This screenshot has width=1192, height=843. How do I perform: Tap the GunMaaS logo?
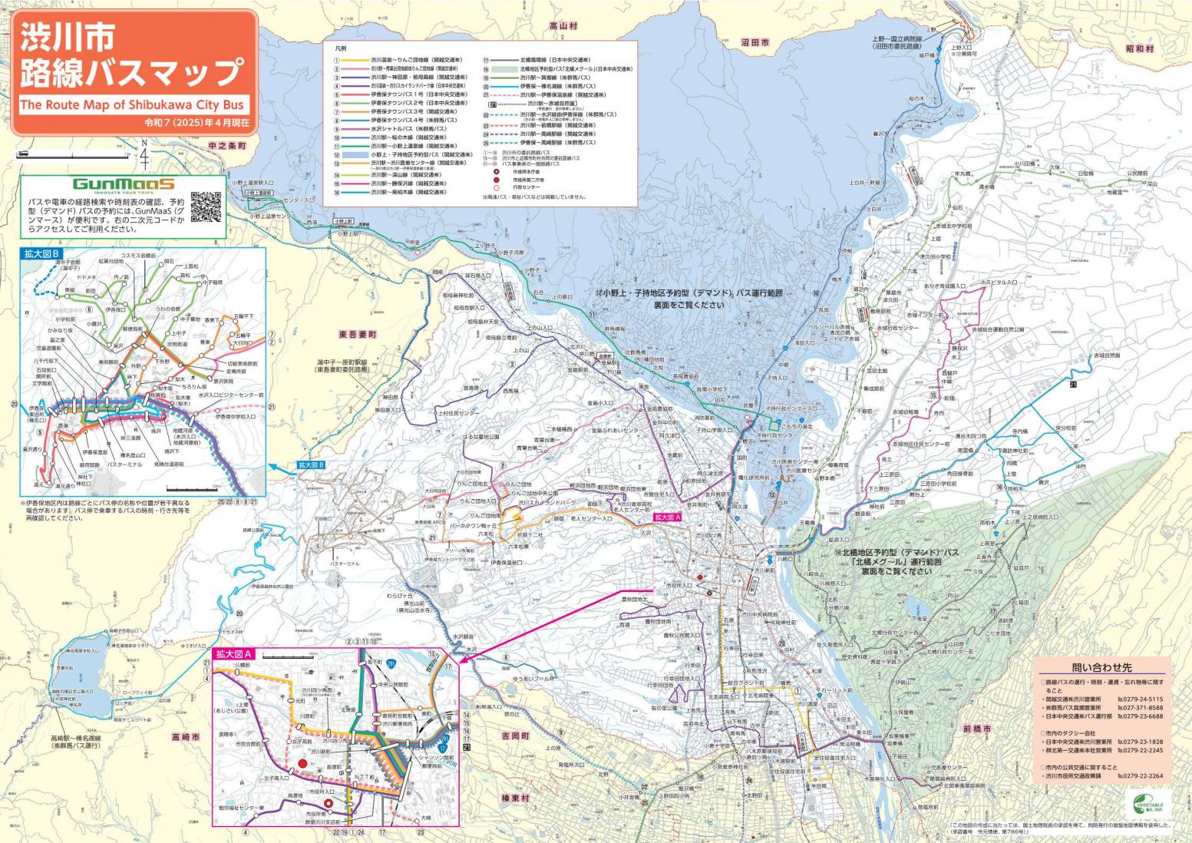click(x=123, y=184)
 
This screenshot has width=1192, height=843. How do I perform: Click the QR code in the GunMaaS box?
click(x=206, y=207)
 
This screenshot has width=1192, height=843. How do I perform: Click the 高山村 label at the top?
click(x=563, y=26)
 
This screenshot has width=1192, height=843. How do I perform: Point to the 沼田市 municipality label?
click(x=755, y=43)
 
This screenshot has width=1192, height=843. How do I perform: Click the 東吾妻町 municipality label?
click(x=358, y=335)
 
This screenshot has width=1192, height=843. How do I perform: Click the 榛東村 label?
click(x=516, y=798)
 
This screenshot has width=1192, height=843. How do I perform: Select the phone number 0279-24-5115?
click(x=1144, y=699)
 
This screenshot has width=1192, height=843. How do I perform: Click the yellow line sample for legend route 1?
click(x=355, y=59)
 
